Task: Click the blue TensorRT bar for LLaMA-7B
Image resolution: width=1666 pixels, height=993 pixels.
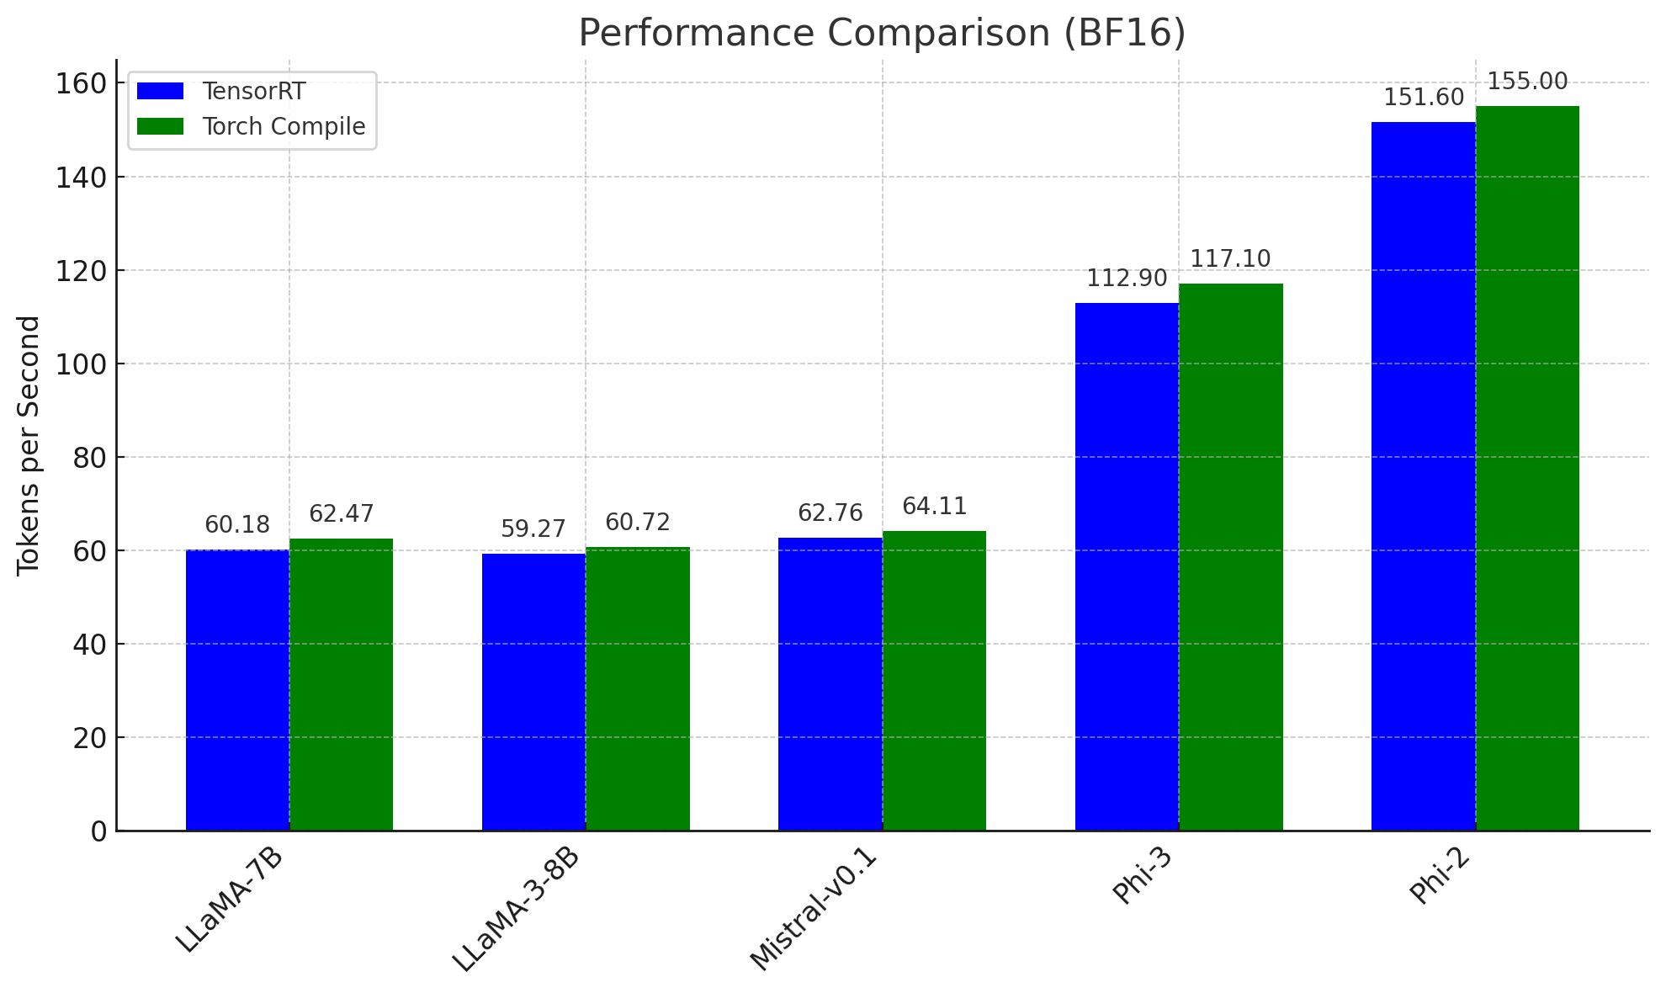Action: [237, 690]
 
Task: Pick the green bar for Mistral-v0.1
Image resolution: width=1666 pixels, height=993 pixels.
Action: [934, 681]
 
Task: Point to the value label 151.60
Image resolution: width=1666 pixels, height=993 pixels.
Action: [1424, 98]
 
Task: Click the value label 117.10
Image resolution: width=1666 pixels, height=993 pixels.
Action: [1230, 259]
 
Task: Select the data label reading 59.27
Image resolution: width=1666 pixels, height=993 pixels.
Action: [533, 529]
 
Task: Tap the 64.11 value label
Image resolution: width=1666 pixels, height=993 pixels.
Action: [934, 507]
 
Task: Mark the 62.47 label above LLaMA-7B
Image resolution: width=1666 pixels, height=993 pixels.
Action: [341, 514]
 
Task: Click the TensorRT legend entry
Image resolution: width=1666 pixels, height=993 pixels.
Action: [253, 92]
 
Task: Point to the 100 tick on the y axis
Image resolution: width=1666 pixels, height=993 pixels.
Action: [81, 364]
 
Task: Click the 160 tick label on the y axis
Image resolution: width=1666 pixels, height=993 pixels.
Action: [81, 83]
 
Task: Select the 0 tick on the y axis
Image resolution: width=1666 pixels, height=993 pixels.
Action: [98, 831]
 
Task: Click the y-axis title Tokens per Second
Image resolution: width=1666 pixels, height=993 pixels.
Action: [29, 445]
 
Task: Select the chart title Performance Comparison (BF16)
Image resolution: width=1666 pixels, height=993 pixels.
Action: [882, 34]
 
